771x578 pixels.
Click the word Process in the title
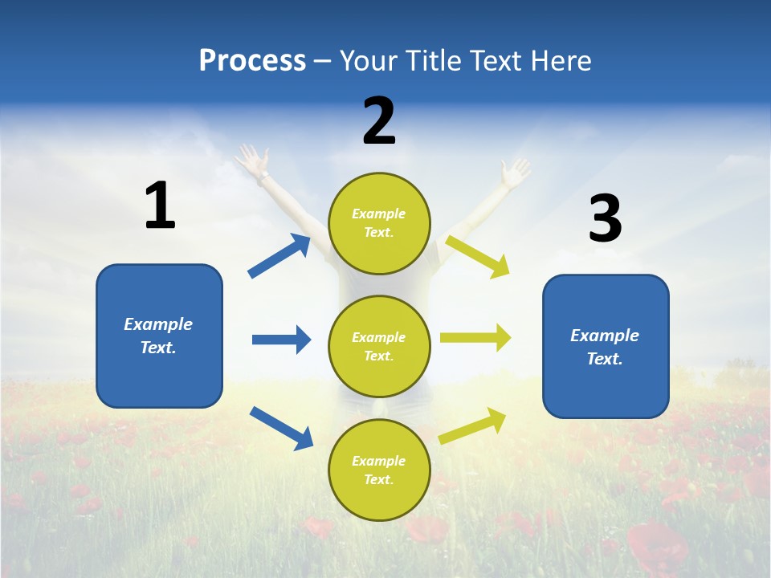click(252, 61)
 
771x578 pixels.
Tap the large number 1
click(160, 206)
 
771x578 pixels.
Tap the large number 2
click(379, 121)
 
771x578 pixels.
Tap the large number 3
click(605, 218)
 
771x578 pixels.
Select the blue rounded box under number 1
click(159, 336)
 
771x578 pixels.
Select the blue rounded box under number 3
click(606, 346)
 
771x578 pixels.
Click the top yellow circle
click(379, 223)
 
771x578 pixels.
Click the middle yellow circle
click(379, 346)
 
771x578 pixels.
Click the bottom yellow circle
click(379, 470)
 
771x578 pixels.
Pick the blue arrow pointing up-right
click(279, 256)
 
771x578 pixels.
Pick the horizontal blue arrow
click(281, 340)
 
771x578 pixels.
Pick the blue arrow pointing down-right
click(281, 427)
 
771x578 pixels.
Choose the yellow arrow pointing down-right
click(478, 256)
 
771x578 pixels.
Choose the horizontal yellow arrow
click(475, 338)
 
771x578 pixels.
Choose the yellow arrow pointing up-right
click(473, 425)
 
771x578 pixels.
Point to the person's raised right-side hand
click(514, 172)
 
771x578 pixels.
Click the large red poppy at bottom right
click(656, 546)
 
